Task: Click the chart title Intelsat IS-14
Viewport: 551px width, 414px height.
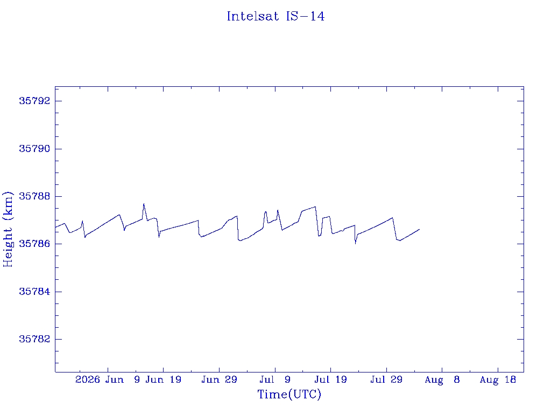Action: [x=275, y=16]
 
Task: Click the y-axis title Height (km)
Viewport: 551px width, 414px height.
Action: [x=8, y=229]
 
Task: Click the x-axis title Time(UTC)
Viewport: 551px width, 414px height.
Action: [x=289, y=394]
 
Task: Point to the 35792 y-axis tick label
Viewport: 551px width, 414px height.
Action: [x=34, y=101]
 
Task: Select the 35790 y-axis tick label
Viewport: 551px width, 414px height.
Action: [x=34, y=149]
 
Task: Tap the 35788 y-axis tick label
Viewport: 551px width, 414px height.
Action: [x=34, y=196]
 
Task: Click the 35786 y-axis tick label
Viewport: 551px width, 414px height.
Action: [x=34, y=244]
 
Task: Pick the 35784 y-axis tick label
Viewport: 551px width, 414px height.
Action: [x=34, y=292]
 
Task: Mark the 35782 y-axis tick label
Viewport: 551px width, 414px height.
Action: [x=34, y=339]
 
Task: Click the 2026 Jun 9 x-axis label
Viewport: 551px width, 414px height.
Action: [x=108, y=379]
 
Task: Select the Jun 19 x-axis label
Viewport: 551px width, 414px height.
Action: [x=164, y=379]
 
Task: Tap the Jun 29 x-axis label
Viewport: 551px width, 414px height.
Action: [x=220, y=379]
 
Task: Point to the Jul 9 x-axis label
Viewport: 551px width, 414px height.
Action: [x=275, y=379]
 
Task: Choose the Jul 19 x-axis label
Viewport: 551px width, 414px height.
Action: [x=331, y=379]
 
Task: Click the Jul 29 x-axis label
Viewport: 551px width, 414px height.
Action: [x=386, y=379]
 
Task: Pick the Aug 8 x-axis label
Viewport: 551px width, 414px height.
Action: [x=442, y=379]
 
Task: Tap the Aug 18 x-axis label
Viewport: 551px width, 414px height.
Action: [x=498, y=379]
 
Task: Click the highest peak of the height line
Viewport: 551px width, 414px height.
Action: [x=144, y=203]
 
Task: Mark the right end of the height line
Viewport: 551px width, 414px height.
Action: [x=419, y=229]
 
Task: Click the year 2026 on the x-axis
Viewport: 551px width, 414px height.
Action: [x=88, y=379]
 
